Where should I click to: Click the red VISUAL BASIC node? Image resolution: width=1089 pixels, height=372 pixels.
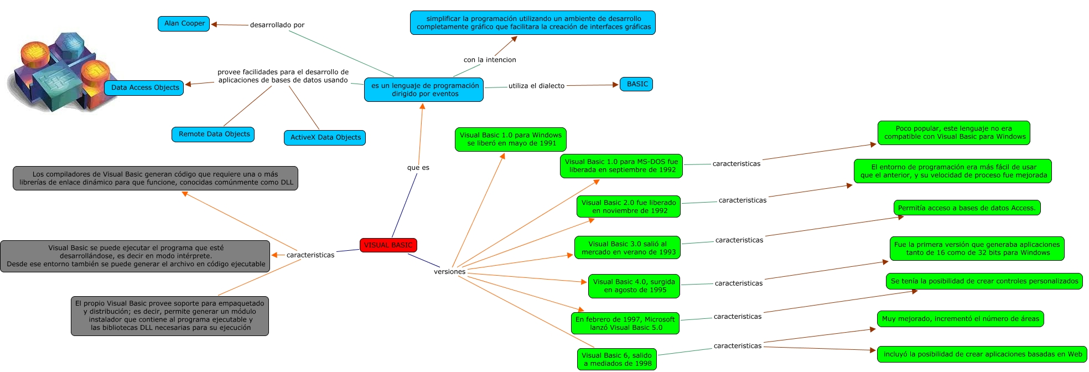coord(388,245)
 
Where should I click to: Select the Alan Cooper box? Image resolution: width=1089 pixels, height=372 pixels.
coord(184,24)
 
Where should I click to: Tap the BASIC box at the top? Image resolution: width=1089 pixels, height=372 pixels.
coord(636,84)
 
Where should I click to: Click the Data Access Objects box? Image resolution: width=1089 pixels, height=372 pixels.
coord(144,87)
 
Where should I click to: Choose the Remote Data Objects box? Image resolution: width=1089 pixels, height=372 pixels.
coord(214,134)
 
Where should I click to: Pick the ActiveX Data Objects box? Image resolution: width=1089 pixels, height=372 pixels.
coord(325,137)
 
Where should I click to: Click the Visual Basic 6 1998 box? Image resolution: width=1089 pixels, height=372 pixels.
coord(617,359)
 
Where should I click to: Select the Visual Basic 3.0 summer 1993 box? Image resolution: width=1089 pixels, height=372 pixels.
coord(628,248)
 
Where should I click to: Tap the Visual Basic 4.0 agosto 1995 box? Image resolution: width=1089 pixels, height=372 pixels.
coord(634,286)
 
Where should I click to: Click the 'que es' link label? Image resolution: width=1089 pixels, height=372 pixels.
coord(418,168)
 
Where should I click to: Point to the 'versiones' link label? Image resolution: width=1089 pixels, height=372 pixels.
coord(449,272)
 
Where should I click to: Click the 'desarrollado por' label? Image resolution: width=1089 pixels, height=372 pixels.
coord(277,25)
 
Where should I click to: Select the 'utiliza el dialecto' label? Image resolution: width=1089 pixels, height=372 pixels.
coord(536,86)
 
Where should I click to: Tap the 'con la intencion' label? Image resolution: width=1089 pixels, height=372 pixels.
coord(490,60)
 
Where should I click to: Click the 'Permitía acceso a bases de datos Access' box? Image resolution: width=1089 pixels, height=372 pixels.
coord(967,208)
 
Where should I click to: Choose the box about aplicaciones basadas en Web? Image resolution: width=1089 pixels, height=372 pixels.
coord(982,354)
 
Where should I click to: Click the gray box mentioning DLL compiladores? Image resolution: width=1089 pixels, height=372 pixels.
coord(155,178)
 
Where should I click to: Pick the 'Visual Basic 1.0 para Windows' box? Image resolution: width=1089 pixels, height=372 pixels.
coord(510,139)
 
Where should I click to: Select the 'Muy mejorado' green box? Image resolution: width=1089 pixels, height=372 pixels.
coord(960,319)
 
